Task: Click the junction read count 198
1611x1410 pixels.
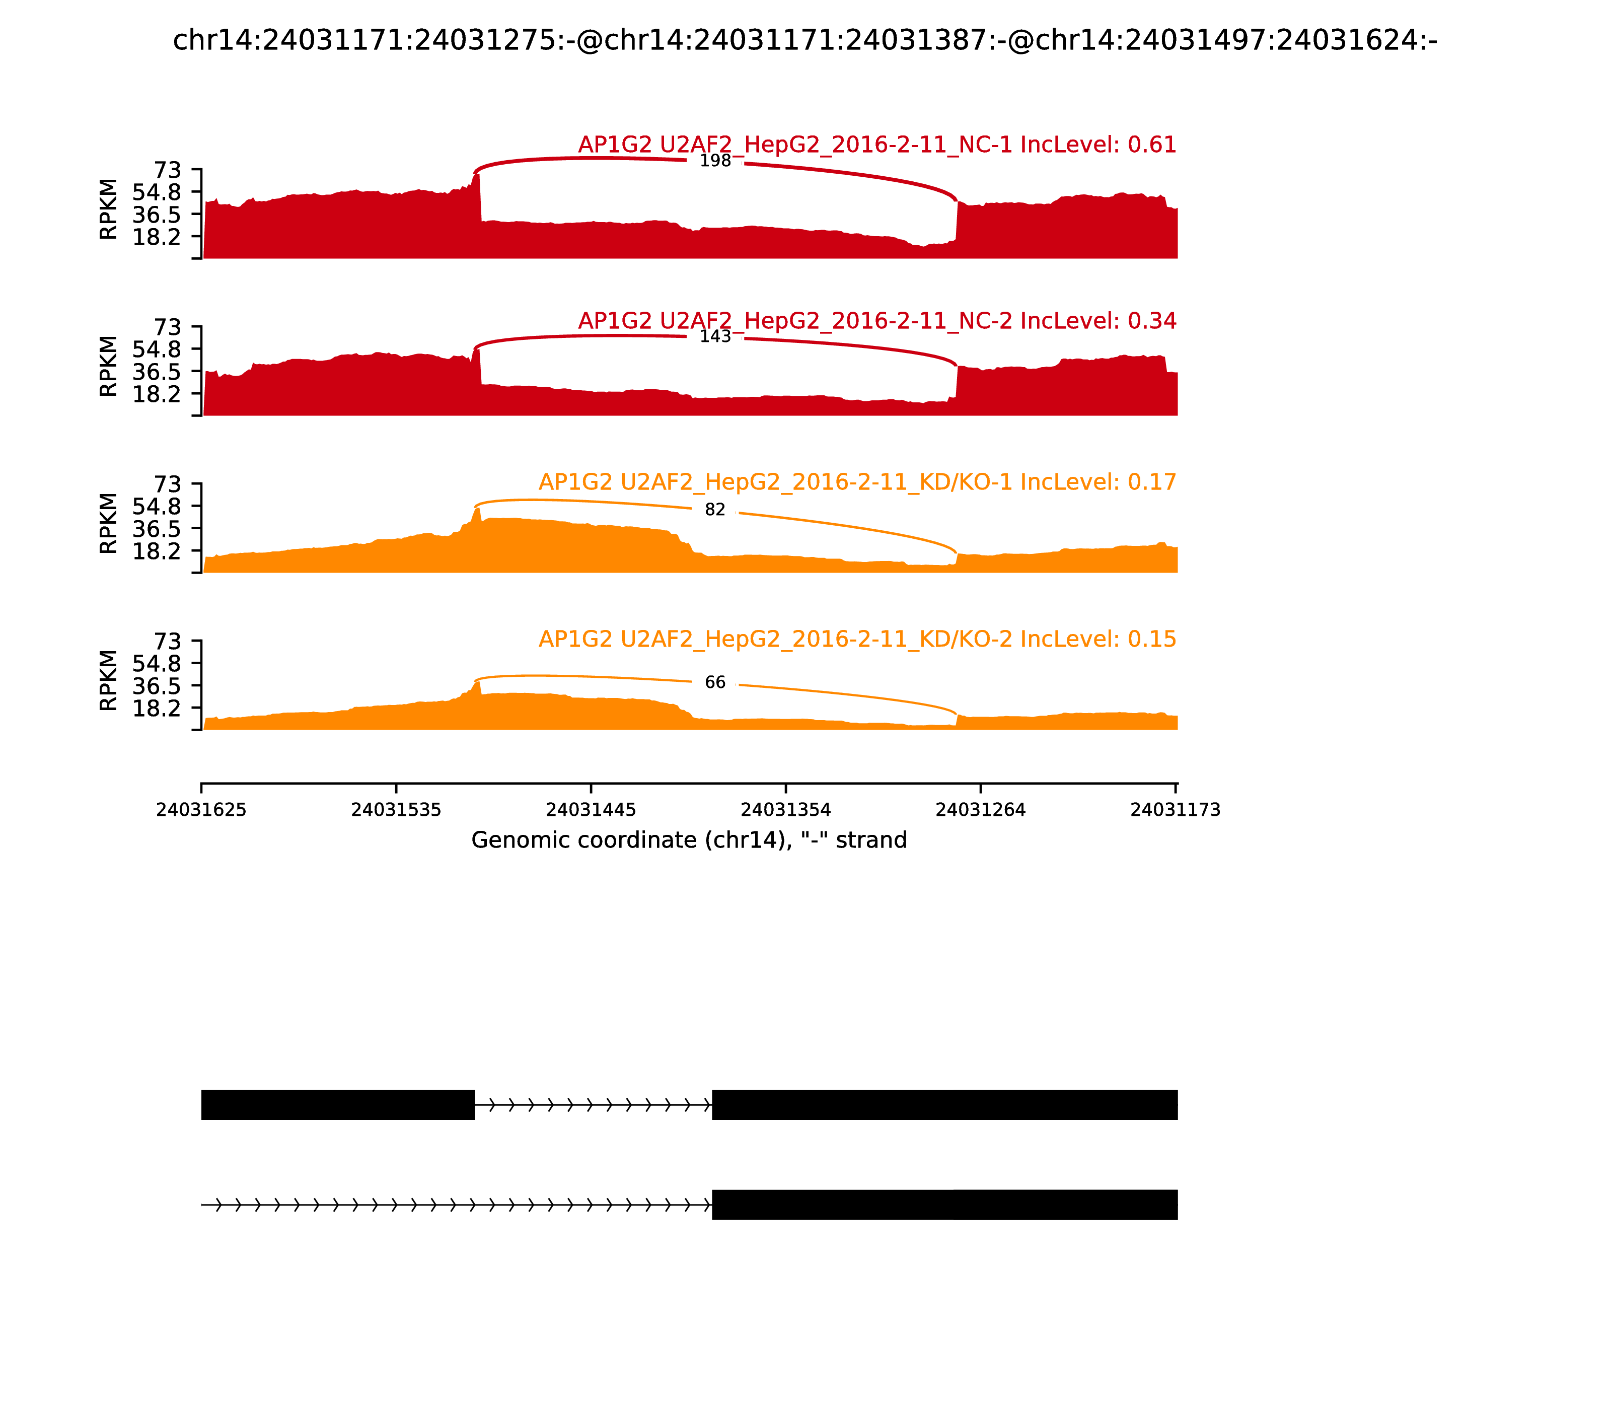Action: point(715,161)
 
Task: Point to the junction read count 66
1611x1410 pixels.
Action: point(715,682)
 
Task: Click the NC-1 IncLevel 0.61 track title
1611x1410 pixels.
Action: point(877,145)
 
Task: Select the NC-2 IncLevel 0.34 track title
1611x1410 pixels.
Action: point(877,321)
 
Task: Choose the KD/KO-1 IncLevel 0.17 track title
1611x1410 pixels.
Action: point(857,482)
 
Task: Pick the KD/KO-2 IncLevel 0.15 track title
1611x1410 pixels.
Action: point(857,639)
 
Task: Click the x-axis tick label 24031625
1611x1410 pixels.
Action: point(201,810)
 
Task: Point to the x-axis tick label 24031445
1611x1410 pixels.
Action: point(591,810)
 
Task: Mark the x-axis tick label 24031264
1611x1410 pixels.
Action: point(981,810)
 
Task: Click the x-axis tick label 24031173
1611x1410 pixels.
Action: point(1175,810)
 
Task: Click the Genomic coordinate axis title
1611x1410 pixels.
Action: point(689,840)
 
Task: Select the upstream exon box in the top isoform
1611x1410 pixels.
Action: point(338,1105)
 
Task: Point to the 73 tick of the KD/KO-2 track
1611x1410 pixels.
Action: point(167,641)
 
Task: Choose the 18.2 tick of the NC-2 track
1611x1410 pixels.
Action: point(157,393)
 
